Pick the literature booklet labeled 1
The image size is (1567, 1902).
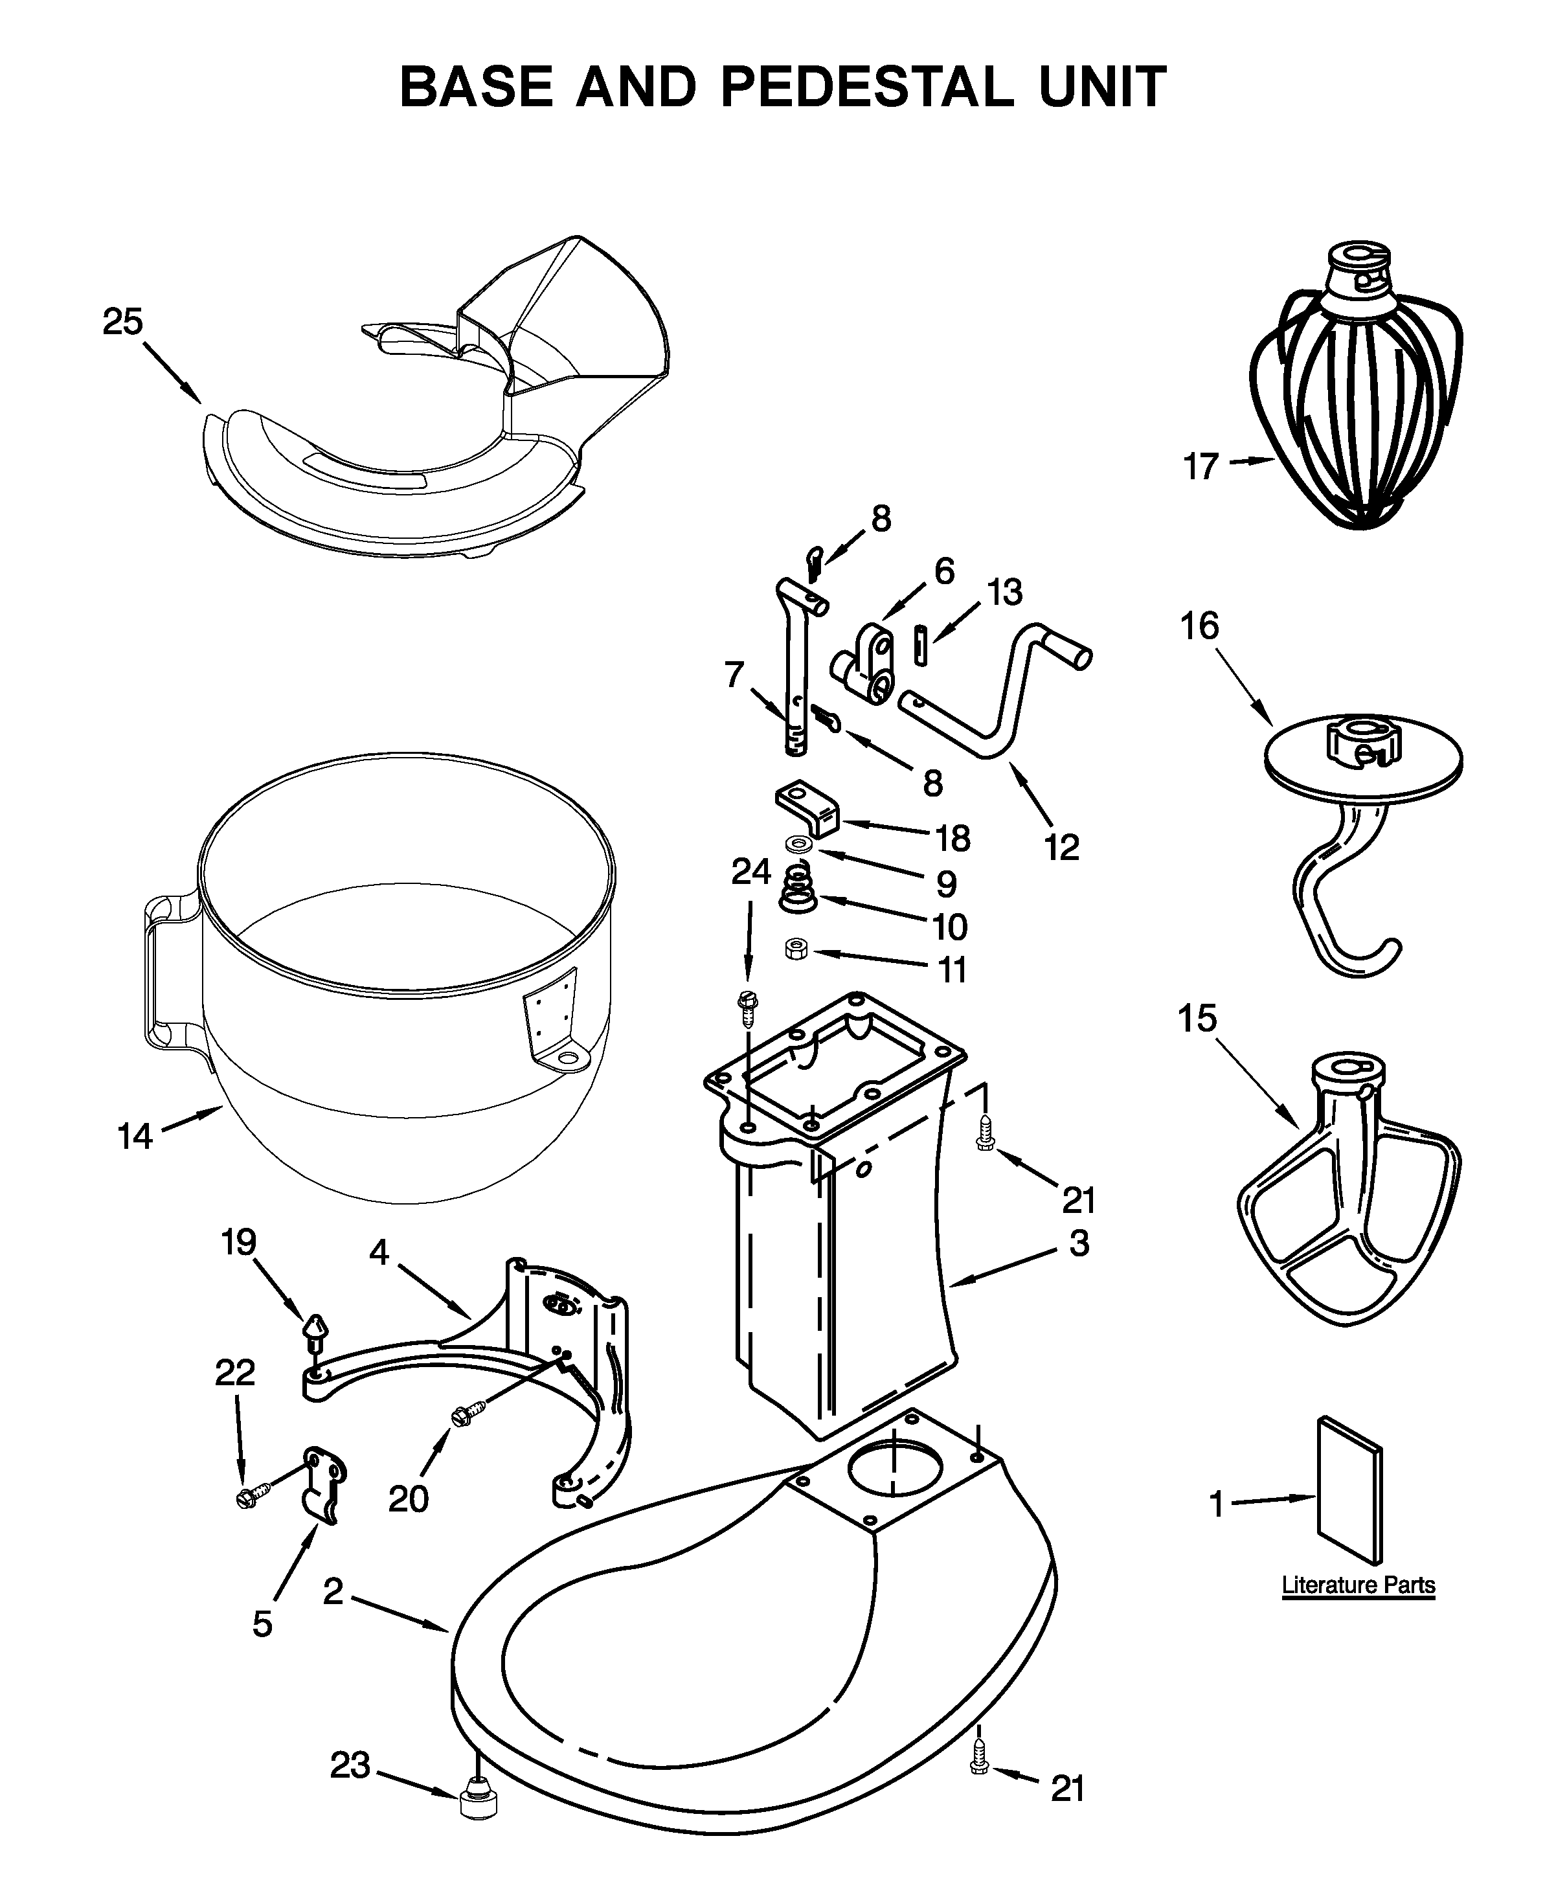coord(1350,1490)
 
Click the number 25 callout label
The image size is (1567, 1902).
coord(123,323)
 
